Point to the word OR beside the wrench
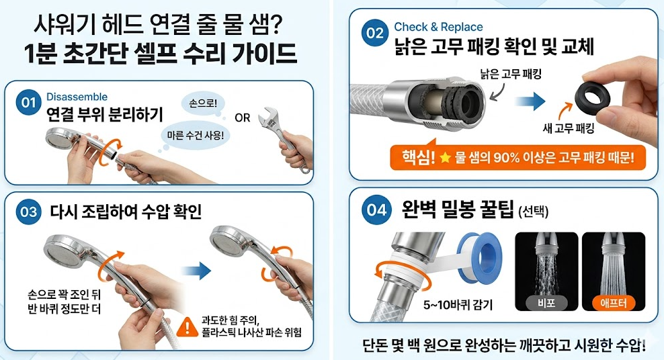click(242, 118)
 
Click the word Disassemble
click(77, 97)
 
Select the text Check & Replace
click(438, 27)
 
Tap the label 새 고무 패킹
click(570, 128)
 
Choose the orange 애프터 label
click(613, 303)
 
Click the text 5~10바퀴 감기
click(459, 304)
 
